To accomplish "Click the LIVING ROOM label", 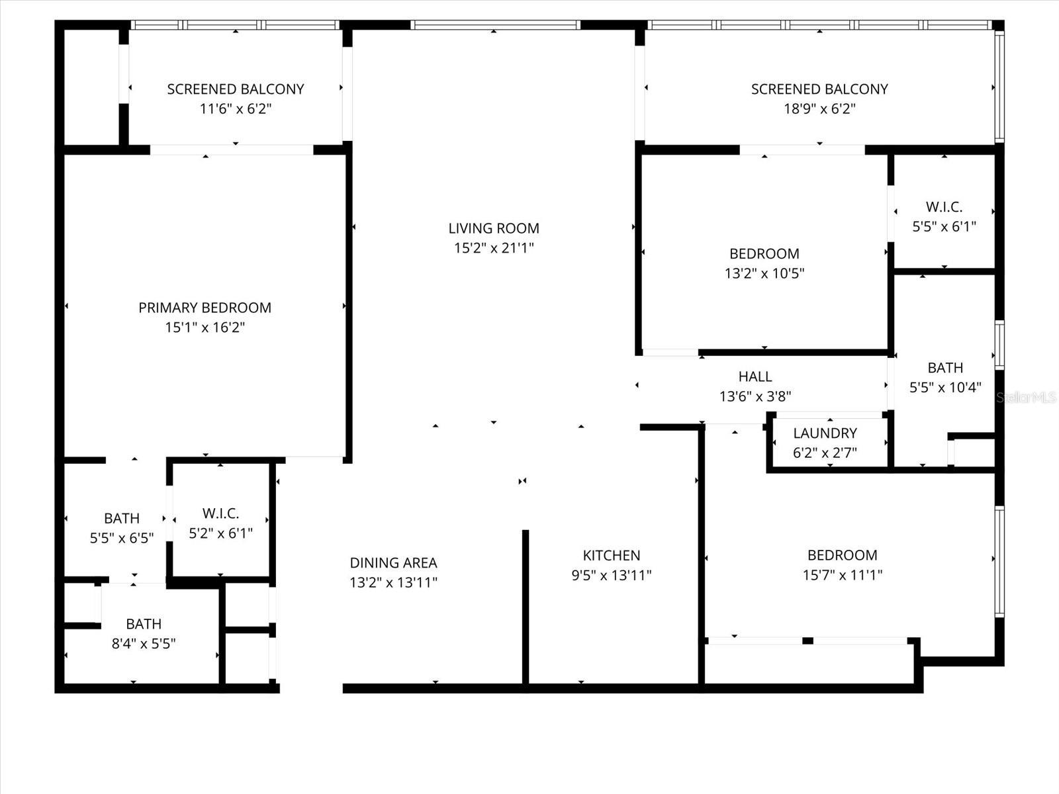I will coord(494,228).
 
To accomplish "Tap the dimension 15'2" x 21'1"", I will coord(494,248).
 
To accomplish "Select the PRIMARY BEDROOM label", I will coord(205,308).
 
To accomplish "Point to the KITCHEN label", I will coord(611,556).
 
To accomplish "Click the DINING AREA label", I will coord(393,563).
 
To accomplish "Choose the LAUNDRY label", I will coord(825,433).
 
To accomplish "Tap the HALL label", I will coord(755,376).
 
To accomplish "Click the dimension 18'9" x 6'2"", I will coord(819,109).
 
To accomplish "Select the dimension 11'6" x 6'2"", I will coord(236,109).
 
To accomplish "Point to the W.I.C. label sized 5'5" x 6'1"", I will coord(944,207).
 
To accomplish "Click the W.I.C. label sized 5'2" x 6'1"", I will coord(220,513).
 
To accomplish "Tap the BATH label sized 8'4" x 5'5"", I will coord(144,624).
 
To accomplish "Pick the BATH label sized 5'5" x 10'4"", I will coord(945,368).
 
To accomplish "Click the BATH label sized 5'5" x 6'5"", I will coord(122,518).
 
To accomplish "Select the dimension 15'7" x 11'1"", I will coord(842,575).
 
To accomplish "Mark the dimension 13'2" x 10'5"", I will coord(764,273).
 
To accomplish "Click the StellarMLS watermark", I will coord(1027,397).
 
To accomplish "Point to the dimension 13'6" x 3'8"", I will coord(755,396).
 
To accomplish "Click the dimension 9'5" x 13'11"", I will coord(611,576).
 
